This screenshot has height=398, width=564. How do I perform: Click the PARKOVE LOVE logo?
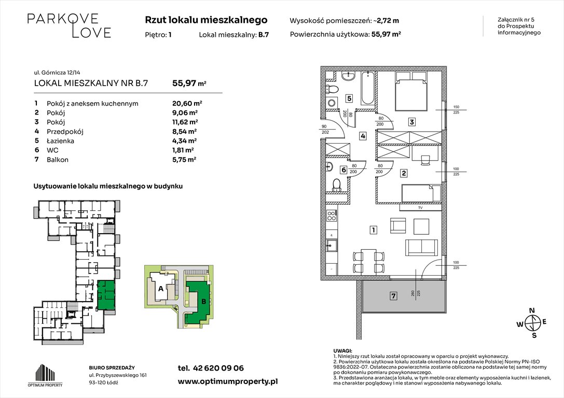point(69,25)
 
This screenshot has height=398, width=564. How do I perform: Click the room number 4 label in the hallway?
point(363,136)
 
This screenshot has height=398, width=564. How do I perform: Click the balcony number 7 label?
point(393,296)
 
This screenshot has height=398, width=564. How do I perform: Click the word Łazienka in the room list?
point(61,140)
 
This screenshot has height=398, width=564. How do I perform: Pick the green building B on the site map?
point(198,300)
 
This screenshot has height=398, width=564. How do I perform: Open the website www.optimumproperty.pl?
point(227,381)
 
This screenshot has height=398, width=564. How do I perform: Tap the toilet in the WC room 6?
point(337,184)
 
